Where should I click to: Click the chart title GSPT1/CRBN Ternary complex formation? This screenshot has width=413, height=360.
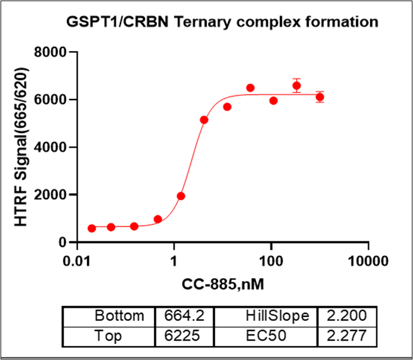[x=223, y=22]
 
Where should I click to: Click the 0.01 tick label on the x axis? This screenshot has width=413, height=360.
[x=77, y=260]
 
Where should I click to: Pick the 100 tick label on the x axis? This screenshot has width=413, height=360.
[x=271, y=260]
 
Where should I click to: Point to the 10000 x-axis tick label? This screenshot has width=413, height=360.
[x=368, y=260]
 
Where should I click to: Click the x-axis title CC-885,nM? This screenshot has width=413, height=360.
[x=223, y=283]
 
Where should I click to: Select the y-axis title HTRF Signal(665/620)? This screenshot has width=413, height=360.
[x=22, y=147]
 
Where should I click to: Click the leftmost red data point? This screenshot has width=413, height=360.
[x=92, y=228]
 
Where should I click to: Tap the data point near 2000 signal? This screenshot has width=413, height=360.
[x=181, y=196]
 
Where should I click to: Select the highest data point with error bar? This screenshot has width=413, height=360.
[x=296, y=86]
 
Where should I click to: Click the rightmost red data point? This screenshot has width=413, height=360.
[x=320, y=97]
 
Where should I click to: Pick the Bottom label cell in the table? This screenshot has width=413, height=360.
[x=119, y=316]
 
